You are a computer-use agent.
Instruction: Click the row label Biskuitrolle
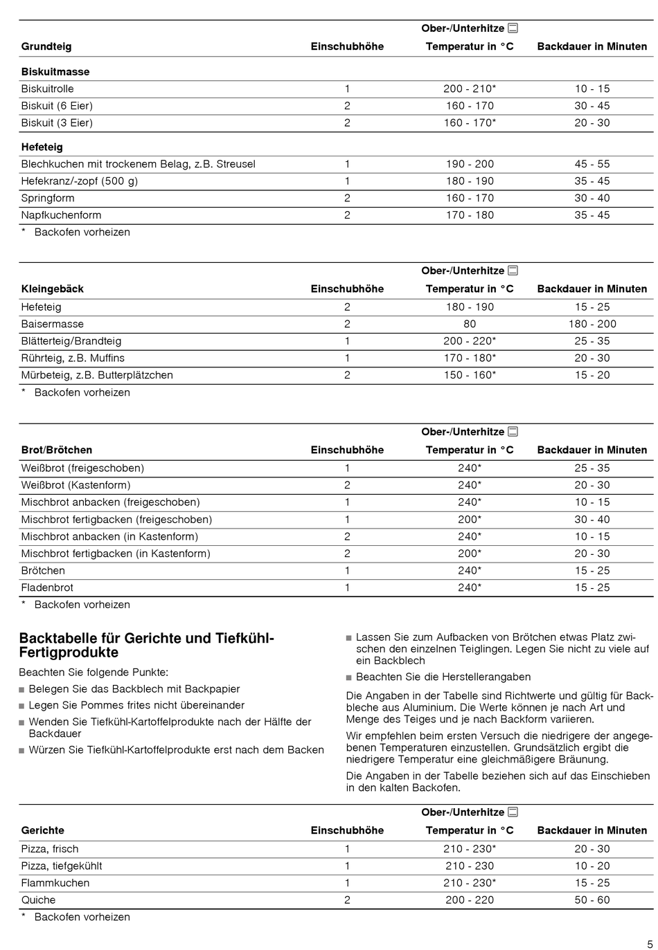point(47,89)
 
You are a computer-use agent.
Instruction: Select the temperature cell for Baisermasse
point(470,324)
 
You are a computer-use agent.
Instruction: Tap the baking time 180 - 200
point(592,324)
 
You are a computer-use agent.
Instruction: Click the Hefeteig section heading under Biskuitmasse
point(42,147)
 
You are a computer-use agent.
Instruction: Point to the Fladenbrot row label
point(47,587)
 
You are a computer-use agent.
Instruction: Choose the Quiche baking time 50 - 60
point(592,899)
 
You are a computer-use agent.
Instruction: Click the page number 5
point(650,944)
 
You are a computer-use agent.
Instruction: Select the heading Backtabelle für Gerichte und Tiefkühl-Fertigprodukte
point(147,645)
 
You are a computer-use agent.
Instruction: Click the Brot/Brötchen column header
point(56,450)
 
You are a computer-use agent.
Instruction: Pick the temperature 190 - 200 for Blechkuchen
point(470,164)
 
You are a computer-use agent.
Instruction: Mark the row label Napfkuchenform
point(61,215)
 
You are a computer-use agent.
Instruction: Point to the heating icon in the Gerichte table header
point(513,812)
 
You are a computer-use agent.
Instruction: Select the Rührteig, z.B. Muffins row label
point(73,358)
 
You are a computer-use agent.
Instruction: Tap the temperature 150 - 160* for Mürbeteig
point(470,375)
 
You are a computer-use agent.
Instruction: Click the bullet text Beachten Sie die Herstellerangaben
point(443,677)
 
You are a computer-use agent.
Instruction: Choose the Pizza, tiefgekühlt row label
point(62,866)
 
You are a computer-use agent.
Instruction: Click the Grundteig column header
point(46,46)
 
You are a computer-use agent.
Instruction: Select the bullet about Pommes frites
point(136,705)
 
